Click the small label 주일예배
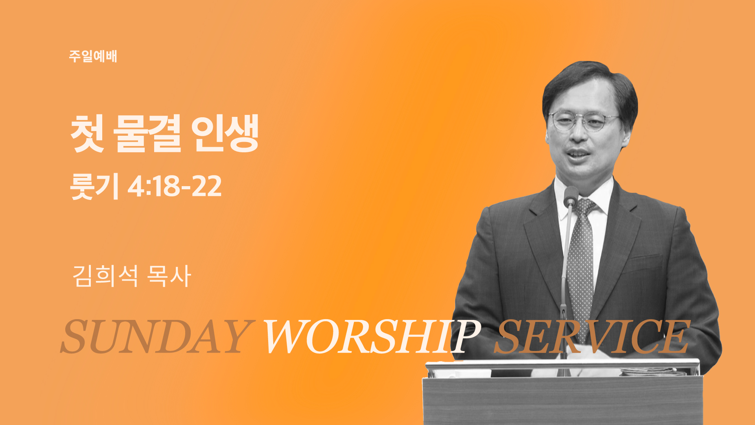(93, 56)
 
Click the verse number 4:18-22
(175, 187)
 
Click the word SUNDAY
(156, 336)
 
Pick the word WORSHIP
(372, 336)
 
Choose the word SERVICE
(592, 336)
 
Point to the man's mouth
(578, 153)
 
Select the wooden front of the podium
(562, 401)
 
